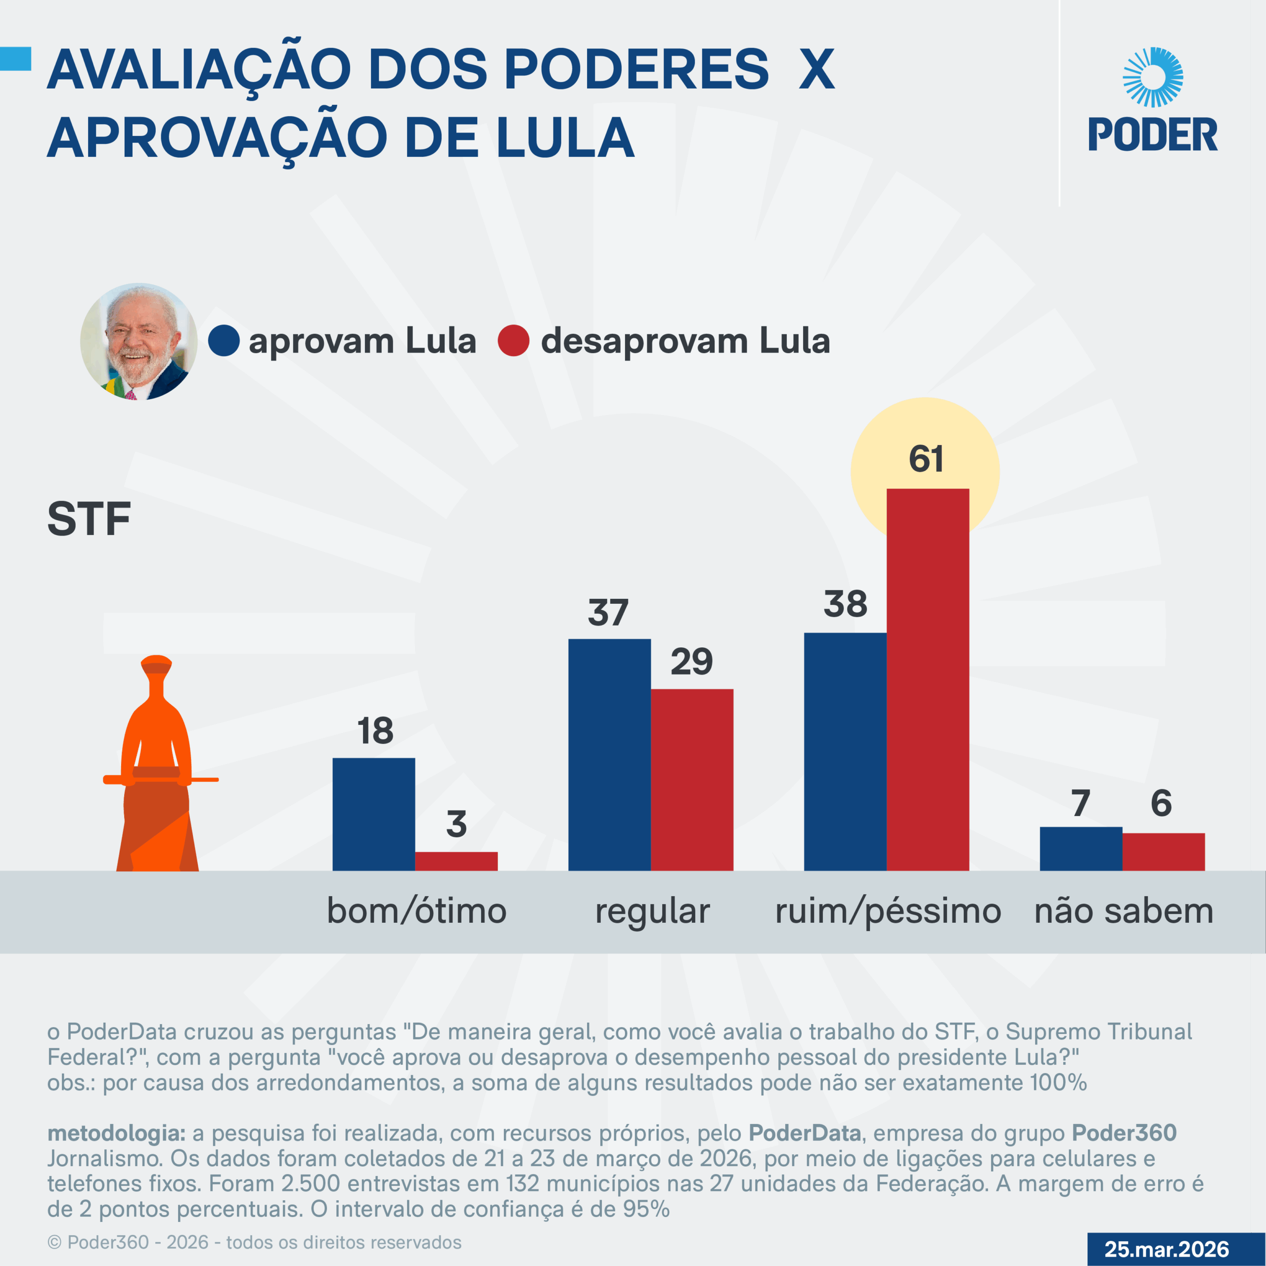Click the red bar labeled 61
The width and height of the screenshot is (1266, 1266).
coord(927,679)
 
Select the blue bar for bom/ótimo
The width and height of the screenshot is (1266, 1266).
coord(373,814)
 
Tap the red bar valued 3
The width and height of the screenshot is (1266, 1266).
coord(456,861)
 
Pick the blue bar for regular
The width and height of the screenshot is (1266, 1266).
coord(609,754)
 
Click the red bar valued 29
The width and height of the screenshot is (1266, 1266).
coord(692,780)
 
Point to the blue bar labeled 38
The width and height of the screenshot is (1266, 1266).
coord(845,752)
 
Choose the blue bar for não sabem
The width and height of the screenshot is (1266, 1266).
coord(1081,849)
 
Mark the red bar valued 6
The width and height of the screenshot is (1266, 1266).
coord(1163,852)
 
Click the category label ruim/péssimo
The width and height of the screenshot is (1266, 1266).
coord(888,911)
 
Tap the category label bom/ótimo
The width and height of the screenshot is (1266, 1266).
coord(417,911)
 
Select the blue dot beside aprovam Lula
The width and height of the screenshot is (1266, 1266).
coord(224,341)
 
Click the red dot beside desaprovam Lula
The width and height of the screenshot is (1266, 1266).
coord(513,341)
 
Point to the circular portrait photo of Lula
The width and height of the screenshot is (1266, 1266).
coord(139,341)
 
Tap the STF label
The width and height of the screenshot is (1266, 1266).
coord(89,519)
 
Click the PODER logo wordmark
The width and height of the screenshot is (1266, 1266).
coord(1153,135)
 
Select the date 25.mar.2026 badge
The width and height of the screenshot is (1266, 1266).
coord(1167,1249)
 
